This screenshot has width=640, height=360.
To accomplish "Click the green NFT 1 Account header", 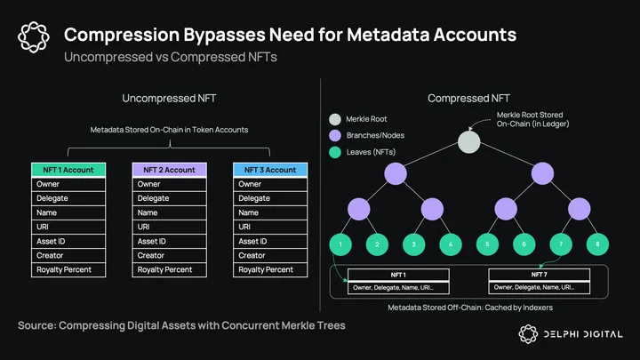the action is pos(68,170).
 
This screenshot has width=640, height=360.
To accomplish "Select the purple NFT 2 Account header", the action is pos(170,170).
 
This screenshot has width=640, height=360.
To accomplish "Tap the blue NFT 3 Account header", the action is pos(270,170).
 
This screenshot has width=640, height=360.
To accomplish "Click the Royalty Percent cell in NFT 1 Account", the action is pos(68,270).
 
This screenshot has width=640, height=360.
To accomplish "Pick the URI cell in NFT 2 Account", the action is pos(170,227).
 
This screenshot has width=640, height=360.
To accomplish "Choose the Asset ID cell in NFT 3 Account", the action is pos(270,241).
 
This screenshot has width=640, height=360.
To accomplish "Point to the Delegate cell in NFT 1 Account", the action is pos(68,198).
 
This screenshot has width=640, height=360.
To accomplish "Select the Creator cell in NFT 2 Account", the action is pos(170,255).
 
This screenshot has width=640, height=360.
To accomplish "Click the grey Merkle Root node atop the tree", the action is pos(469,142).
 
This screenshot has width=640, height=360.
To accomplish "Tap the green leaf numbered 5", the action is pos(487,244).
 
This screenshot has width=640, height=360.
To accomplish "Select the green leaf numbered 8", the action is pos(597,244).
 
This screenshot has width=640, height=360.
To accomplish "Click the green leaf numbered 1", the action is pos(340,244).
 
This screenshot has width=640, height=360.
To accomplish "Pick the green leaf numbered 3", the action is pos(414,244).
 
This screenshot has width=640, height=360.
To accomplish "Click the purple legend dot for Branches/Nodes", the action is pos(335,135).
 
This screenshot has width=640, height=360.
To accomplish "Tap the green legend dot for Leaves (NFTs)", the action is pos(335,152).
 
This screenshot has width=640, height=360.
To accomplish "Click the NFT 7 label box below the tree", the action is pos(540,275).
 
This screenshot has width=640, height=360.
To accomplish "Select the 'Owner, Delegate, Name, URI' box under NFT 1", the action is pos(398,288).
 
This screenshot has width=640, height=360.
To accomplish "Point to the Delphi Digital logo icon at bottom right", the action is pos(528,334).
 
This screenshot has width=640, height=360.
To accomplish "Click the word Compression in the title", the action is pos(122,35).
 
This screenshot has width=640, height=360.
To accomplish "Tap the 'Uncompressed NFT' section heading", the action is pos(169,99).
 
